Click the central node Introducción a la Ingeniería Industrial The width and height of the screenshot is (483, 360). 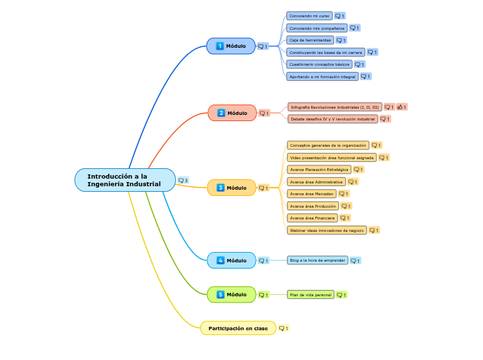[125, 180]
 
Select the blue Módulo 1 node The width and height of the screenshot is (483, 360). [231, 46]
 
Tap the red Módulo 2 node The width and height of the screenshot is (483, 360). [232, 113]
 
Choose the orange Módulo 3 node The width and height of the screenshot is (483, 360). [231, 188]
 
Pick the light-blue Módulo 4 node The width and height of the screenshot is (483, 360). [231, 260]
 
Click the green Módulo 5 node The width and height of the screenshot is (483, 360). [231, 294]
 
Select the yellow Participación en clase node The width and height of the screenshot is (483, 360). [238, 328]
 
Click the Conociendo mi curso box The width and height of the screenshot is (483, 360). [309, 15]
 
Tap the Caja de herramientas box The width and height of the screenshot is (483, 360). [310, 40]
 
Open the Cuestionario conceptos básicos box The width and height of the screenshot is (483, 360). [319, 64]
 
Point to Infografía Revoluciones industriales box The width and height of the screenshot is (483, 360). [335, 107]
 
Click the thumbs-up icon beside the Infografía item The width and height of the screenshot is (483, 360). [401, 107]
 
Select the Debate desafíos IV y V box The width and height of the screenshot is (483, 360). [333, 119]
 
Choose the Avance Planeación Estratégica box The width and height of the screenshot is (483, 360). [319, 170]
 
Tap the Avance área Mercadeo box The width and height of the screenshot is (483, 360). [311, 194]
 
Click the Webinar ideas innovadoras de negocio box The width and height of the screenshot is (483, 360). [326, 230]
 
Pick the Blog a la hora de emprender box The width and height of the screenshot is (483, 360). [317, 260]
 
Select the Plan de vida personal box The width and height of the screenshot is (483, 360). [310, 294]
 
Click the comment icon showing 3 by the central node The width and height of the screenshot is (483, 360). [182, 181]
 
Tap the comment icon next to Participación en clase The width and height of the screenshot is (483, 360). [282, 328]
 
